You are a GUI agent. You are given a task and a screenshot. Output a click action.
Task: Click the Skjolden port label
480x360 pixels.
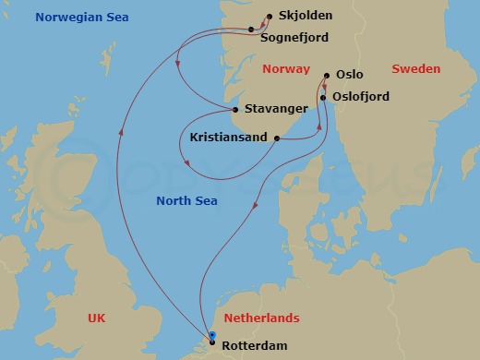pyautogui.click(x=306, y=17)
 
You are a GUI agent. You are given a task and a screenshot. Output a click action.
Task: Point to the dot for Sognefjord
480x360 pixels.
pyautogui.click(x=251, y=30)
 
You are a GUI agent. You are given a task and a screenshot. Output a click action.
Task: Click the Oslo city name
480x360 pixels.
pyautogui.click(x=350, y=76)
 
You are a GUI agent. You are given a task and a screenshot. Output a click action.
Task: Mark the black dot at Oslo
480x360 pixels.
pyautogui.click(x=328, y=76)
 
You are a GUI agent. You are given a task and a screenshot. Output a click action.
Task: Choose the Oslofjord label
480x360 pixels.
pyautogui.click(x=363, y=96)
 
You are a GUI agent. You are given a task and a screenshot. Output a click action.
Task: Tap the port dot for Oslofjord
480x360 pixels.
pyautogui.click(x=323, y=96)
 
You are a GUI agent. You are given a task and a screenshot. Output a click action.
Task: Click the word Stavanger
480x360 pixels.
pyautogui.click(x=278, y=109)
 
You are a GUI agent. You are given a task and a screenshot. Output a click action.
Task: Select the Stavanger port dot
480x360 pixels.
pyautogui.click(x=236, y=110)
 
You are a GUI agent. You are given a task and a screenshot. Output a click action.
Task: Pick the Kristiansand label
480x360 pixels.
pyautogui.click(x=228, y=138)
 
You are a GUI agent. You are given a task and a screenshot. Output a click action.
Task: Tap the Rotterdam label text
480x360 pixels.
pyautogui.click(x=254, y=346)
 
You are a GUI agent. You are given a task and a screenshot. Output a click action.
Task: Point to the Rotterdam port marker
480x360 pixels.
pyautogui.click(x=212, y=344)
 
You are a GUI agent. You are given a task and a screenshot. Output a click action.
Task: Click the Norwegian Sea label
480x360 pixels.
pyautogui.click(x=81, y=18)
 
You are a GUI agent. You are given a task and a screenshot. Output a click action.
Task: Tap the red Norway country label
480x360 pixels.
pyautogui.click(x=284, y=69)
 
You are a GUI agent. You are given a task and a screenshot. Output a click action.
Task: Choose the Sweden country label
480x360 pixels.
pyautogui.click(x=416, y=69)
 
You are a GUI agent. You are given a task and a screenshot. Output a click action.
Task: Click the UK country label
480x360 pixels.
pyautogui.click(x=97, y=318)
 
